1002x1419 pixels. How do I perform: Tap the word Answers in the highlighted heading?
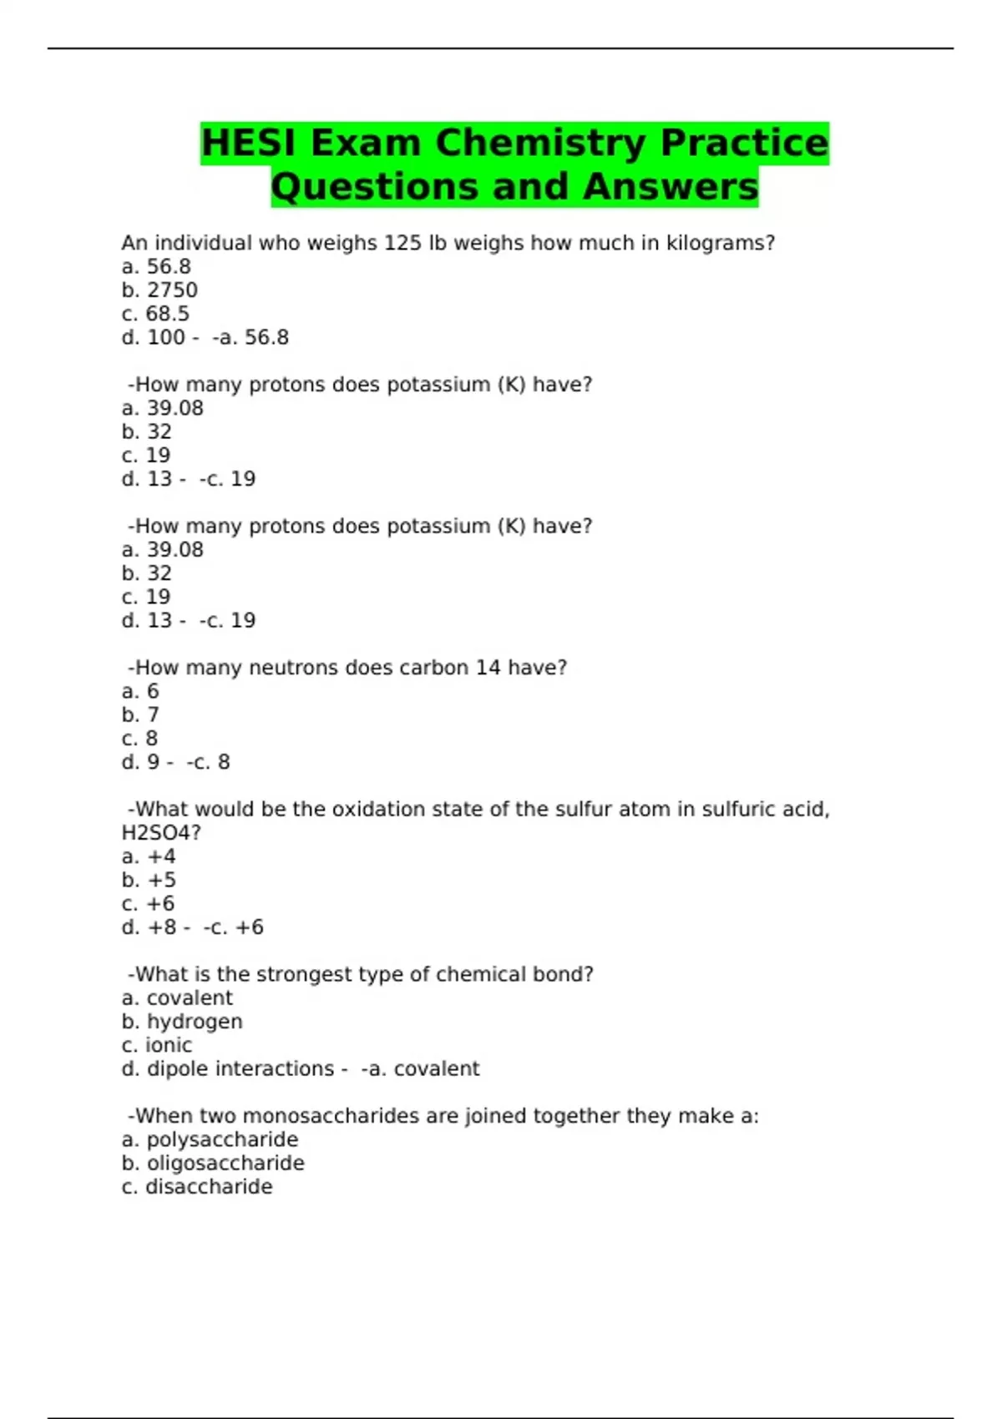click(x=671, y=187)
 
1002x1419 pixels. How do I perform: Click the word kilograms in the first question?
click(x=720, y=243)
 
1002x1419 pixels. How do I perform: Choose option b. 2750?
click(x=159, y=290)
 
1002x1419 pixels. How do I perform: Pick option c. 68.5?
click(x=155, y=314)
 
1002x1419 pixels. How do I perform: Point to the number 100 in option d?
click(x=166, y=337)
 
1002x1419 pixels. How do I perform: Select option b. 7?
click(x=140, y=715)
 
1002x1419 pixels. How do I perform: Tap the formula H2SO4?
click(x=161, y=833)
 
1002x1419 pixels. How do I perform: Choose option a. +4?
click(x=149, y=856)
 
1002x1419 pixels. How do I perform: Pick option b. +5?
click(x=149, y=880)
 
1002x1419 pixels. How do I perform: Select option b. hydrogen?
click(x=182, y=1022)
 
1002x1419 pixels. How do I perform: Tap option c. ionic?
click(x=157, y=1045)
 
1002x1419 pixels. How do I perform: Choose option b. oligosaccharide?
click(x=213, y=1164)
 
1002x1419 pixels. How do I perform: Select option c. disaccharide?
click(x=197, y=1187)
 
